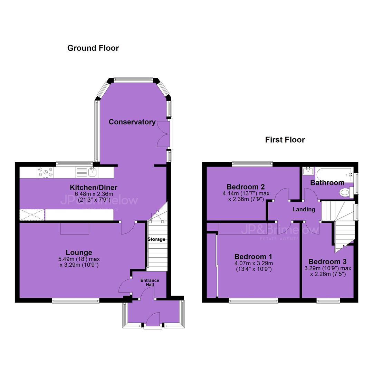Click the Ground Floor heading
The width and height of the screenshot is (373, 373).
point(93,48)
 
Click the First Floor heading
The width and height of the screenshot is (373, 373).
point(285,140)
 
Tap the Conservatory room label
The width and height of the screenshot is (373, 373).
point(132,122)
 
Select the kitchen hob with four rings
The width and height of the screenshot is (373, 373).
point(46,172)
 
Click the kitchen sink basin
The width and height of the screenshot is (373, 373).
point(93,172)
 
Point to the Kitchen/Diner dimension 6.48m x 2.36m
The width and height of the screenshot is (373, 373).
point(94,194)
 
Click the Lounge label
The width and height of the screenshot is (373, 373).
point(79,252)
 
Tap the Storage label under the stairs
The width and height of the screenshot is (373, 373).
point(156,239)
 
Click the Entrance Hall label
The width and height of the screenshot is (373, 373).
point(150,282)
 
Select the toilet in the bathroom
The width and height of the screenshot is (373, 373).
point(347,192)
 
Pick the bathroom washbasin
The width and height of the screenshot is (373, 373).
point(308,171)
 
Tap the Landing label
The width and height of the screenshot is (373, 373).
point(304,209)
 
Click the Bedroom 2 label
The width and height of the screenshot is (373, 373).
point(246,187)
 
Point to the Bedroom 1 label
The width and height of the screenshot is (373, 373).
point(253,257)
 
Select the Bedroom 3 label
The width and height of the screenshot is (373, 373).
point(327,262)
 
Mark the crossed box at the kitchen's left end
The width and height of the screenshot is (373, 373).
point(32,215)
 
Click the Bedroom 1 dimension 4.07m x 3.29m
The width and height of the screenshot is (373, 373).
point(254,263)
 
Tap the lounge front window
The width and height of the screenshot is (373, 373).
point(76,301)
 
